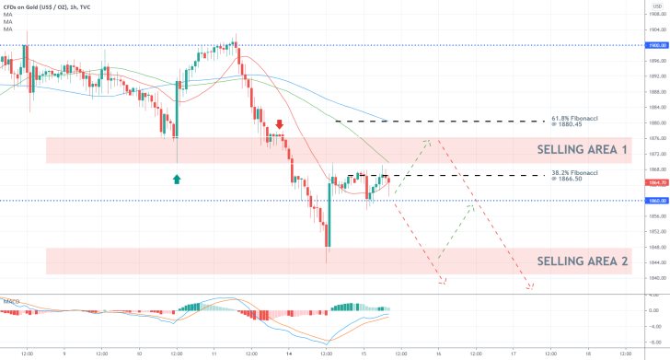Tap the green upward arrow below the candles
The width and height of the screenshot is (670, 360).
click(177, 180)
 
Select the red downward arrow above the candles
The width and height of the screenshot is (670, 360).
click(279, 123)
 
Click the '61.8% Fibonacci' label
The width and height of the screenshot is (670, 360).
click(574, 120)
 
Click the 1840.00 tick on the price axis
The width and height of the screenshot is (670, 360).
click(653, 278)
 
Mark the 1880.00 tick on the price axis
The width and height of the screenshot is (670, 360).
click(653, 122)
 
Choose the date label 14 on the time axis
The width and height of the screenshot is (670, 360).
click(289, 352)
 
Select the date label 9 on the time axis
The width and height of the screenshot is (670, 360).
click(64, 352)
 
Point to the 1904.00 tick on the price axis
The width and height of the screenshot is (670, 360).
click(653, 29)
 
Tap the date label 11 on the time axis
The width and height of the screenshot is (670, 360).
click(214, 352)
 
